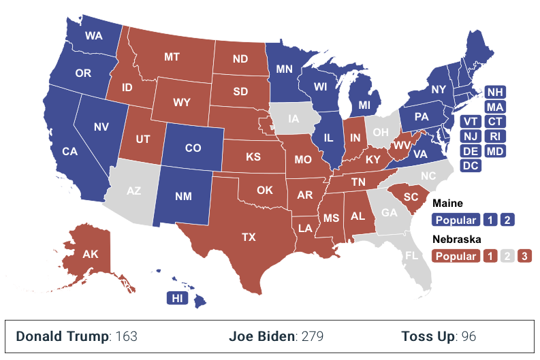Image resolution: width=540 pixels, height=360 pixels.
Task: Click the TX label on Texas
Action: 248,238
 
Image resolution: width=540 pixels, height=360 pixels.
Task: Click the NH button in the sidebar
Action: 495,92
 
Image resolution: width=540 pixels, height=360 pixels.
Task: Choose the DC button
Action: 470,165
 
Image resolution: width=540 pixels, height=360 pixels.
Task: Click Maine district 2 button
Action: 507,220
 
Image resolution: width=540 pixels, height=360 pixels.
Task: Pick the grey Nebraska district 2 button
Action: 507,257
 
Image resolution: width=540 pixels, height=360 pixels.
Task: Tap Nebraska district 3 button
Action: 524,257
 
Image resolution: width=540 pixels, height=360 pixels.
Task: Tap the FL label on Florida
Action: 411,257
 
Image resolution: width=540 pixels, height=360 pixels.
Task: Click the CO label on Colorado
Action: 193,148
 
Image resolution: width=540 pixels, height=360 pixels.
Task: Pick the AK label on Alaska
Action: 91,255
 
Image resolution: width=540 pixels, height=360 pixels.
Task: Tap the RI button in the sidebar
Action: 495,135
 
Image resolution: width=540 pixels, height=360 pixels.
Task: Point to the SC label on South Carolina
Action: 411,197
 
